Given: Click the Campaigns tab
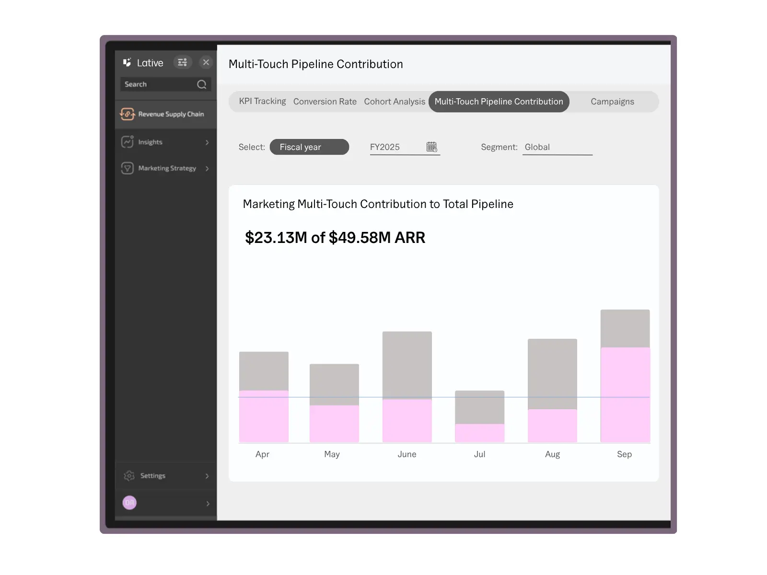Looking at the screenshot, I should point(612,102).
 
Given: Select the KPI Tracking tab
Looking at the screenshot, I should point(262,102).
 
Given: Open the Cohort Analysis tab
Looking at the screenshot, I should point(394,102).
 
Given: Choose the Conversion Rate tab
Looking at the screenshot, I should point(325,102).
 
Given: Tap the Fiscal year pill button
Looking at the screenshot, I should point(309,147).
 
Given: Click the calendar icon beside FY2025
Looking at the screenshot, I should point(431,147).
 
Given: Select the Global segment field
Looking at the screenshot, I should point(557,147).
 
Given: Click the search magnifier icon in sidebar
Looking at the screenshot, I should point(202,84).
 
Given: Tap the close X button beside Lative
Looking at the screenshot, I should point(206,62).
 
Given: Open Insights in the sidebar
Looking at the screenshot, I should point(151,142).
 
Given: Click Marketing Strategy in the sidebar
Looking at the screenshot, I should point(167,168).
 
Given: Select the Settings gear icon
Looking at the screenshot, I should point(129,476).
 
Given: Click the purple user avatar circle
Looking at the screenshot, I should point(129,503).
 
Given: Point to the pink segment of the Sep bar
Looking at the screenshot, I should point(625,394).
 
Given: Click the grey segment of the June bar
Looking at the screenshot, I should point(407,365).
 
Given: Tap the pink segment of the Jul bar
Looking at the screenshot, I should point(479,433).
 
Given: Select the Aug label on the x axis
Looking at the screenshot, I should point(552,454).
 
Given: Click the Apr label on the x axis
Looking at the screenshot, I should point(262,454).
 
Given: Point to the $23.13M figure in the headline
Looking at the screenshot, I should point(276,238).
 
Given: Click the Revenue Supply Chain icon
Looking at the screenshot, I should point(128,114).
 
